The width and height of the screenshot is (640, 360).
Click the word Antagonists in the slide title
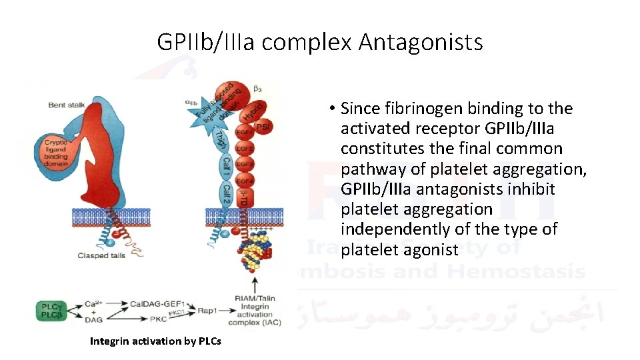coord(420,43)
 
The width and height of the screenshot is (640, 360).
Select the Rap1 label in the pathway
coord(207,311)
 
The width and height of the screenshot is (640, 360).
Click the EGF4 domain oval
coord(245,181)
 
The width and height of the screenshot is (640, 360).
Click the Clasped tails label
coord(101,255)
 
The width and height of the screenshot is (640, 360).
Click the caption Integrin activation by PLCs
coord(156,341)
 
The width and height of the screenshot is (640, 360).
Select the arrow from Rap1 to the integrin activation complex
coord(225,311)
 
